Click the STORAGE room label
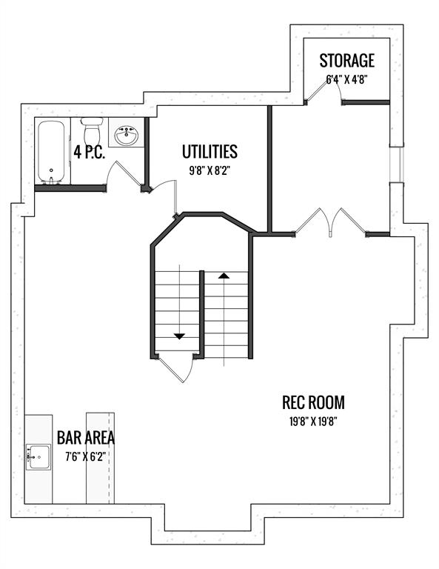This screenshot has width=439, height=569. point(346,61)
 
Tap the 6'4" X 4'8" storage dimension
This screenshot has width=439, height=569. point(346,79)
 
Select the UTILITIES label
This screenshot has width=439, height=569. point(210,152)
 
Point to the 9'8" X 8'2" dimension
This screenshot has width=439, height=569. point(210,170)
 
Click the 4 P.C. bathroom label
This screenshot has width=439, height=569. point(89,152)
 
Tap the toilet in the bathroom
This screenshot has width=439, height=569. point(92,130)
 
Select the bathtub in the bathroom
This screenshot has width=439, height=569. point(52,152)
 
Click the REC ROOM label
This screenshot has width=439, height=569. point(313,402)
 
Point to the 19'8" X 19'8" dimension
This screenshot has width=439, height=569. point(313,422)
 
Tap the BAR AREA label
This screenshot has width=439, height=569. point(86,438)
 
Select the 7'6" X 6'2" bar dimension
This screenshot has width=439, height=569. point(86,456)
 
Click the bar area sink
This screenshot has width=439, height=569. point(38,456)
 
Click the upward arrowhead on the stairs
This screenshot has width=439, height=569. point(224,276)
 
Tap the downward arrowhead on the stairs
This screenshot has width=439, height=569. point(179,336)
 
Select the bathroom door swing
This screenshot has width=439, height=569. point(123,173)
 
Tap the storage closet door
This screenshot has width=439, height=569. point(324,90)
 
